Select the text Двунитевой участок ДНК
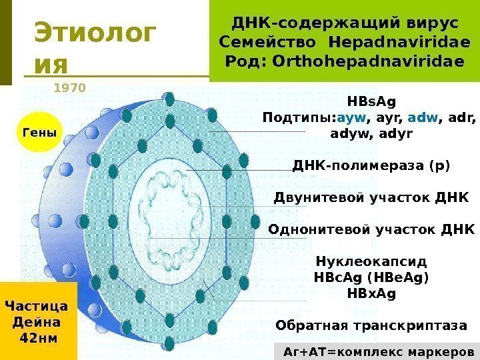pyautogui.click(x=371, y=198)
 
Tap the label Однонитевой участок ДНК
pyautogui.click(x=371, y=230)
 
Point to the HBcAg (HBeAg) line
pyautogui.click(x=371, y=277)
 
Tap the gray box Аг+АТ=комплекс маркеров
pyautogui.click(x=378, y=351)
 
